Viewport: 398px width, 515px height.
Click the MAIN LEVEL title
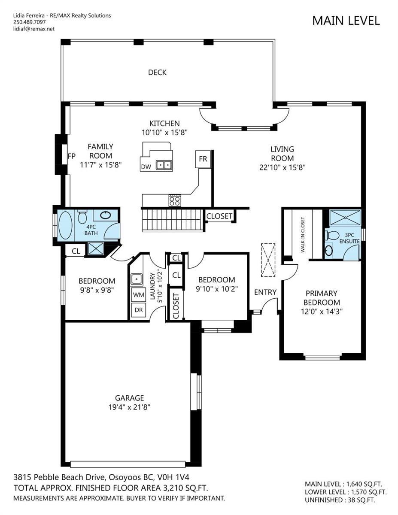point(346,21)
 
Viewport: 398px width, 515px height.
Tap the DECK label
point(157,72)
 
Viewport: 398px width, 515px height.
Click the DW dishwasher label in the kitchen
point(146,167)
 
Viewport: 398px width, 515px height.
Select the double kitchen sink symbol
point(164,165)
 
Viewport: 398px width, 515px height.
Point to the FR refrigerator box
point(203,159)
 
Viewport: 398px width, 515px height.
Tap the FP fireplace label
point(72,156)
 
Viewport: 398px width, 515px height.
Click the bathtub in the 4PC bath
point(65,225)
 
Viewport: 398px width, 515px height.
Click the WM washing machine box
point(138,295)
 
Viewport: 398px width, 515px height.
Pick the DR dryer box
point(138,310)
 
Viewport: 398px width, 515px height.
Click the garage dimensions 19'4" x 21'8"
point(129,407)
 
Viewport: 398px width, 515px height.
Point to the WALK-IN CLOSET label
point(303,235)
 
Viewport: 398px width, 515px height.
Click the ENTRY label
point(265,292)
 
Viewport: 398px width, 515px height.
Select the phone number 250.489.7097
point(30,22)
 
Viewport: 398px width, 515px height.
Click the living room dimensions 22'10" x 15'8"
point(282,167)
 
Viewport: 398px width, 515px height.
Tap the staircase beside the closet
point(173,220)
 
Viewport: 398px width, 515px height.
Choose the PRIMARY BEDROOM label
point(322,298)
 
